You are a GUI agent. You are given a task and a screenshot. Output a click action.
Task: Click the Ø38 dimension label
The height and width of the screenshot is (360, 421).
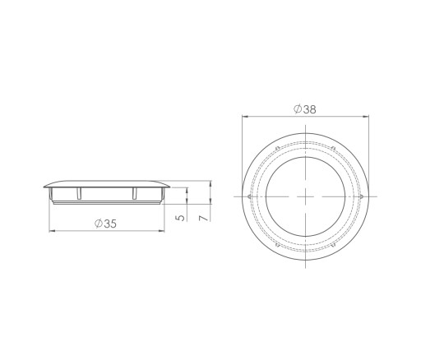(x=305, y=109)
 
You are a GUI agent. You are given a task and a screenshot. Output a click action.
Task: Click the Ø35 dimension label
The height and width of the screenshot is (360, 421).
(x=106, y=224)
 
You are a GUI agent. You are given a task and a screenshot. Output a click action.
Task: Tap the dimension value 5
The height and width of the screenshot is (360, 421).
(x=181, y=218)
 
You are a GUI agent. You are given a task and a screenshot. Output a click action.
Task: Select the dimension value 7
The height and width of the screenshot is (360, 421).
(x=204, y=218)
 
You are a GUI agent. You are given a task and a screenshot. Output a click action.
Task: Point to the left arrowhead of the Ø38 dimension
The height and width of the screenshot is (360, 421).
(x=245, y=117)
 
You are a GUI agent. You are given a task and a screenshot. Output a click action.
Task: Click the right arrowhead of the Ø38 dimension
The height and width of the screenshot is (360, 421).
(x=366, y=117)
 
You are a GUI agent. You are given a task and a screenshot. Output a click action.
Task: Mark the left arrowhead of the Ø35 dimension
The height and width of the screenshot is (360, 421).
(x=52, y=231)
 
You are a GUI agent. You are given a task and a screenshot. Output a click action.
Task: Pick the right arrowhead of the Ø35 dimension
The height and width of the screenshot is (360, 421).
(x=162, y=231)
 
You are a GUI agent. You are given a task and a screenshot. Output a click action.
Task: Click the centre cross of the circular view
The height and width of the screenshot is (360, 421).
(x=305, y=196)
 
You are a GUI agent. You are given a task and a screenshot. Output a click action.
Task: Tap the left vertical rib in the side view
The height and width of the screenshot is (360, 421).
(x=79, y=193)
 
